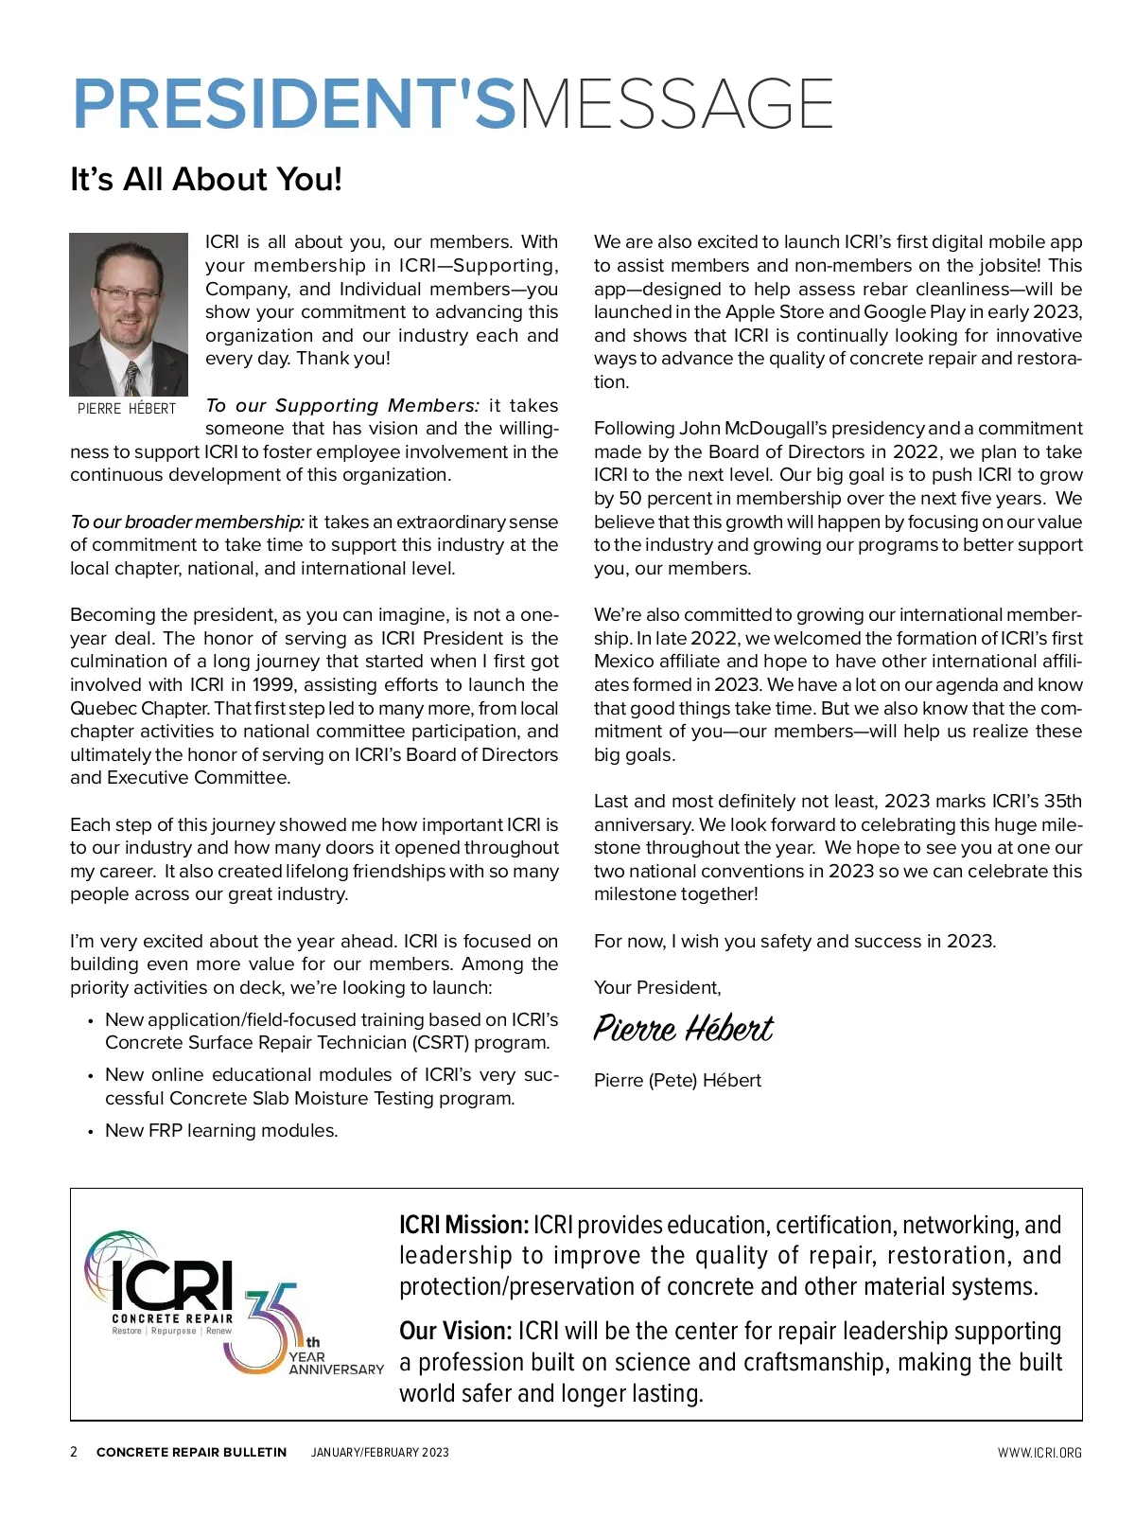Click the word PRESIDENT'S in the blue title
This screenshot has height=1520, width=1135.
(294, 104)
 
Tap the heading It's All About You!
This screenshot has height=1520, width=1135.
(206, 179)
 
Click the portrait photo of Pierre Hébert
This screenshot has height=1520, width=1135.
(129, 314)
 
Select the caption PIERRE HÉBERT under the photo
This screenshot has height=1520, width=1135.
(127, 409)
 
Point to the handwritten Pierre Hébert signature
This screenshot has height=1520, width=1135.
(683, 1029)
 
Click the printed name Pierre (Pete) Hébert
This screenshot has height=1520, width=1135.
(677, 1080)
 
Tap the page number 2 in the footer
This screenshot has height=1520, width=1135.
(74, 1452)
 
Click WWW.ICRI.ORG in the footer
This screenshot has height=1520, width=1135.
(1039, 1452)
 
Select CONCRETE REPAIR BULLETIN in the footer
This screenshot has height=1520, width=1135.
(191, 1452)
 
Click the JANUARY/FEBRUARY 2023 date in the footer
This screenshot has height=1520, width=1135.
(380, 1452)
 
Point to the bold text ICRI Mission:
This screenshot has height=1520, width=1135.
(463, 1225)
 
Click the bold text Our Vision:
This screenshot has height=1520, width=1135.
(455, 1331)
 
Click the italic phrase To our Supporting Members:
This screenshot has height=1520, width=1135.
(342, 405)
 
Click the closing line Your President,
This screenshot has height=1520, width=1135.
(657, 987)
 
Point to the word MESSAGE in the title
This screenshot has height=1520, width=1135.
(676, 104)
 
